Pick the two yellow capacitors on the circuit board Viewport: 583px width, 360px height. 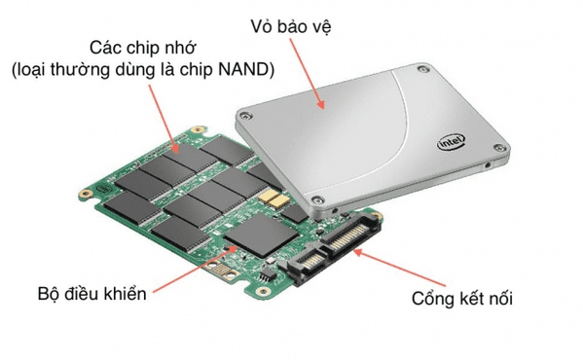click(x=273, y=198)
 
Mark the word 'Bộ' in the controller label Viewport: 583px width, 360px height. click(x=48, y=293)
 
